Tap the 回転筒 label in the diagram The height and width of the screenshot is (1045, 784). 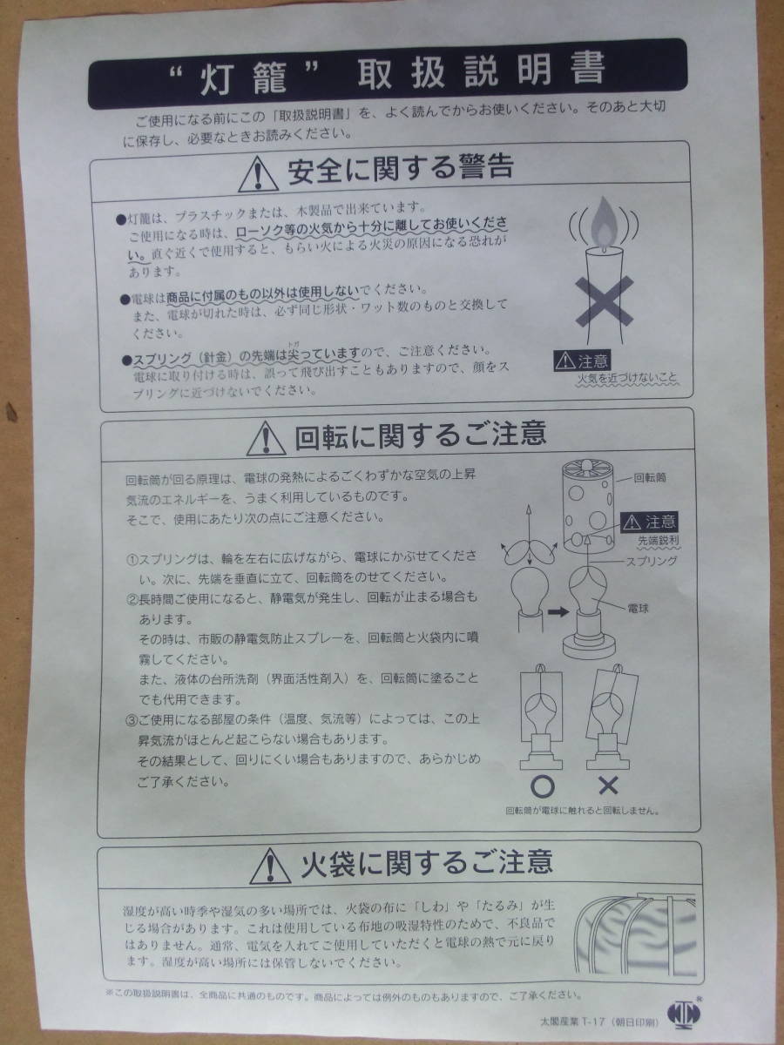(x=649, y=478)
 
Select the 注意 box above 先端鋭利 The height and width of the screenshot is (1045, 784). (x=648, y=522)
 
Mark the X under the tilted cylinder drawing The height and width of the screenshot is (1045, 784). (x=607, y=785)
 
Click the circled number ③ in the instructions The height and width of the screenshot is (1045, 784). (x=132, y=719)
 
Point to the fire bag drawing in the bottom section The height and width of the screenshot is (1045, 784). (x=633, y=936)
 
